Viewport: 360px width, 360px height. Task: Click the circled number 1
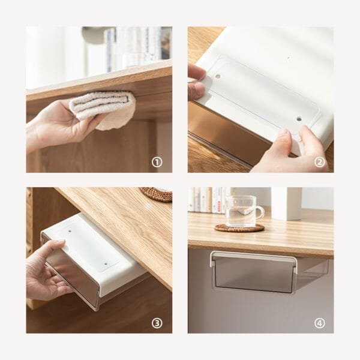(x=157, y=161)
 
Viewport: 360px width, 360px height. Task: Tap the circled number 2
(x=319, y=161)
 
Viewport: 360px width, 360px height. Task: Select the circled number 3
(x=157, y=323)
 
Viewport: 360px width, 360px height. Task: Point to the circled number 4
(x=319, y=323)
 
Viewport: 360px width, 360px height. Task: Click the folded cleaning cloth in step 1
(x=103, y=108)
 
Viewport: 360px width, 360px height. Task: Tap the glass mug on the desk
(x=243, y=211)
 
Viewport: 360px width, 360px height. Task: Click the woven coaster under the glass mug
(x=239, y=228)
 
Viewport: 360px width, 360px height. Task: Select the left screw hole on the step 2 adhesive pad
(x=217, y=77)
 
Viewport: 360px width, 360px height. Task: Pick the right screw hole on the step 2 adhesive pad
(x=298, y=118)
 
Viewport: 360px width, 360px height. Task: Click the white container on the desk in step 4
(x=286, y=203)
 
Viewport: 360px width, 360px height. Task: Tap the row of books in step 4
(x=207, y=199)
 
